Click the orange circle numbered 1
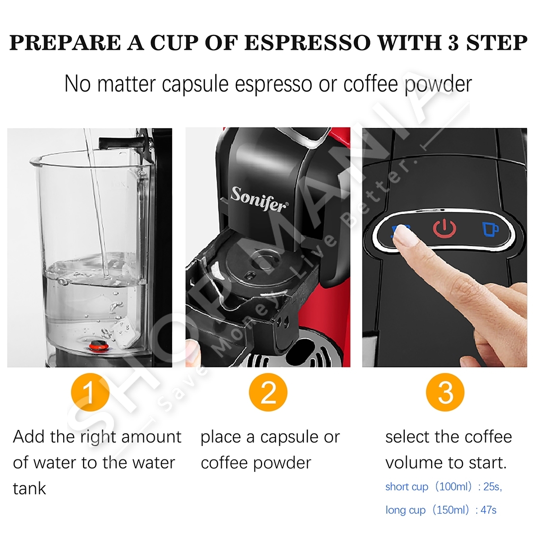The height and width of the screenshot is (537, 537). (x=90, y=392)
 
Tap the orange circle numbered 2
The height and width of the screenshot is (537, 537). (x=268, y=392)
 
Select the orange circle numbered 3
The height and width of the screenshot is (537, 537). (x=445, y=392)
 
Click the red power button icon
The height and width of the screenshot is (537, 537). (x=445, y=229)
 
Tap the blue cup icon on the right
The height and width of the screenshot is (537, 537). (x=490, y=229)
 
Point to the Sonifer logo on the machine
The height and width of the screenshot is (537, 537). (x=259, y=199)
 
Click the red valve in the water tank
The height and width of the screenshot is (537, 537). (x=98, y=346)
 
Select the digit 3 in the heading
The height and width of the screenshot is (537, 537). (x=453, y=43)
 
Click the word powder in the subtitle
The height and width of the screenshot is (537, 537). (x=439, y=84)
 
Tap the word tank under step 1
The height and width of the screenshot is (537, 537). (x=29, y=488)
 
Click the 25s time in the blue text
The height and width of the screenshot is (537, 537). (x=492, y=487)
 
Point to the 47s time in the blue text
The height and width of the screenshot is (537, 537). (x=488, y=510)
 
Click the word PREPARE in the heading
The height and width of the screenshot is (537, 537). (x=65, y=43)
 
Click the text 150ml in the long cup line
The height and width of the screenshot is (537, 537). (x=450, y=510)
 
